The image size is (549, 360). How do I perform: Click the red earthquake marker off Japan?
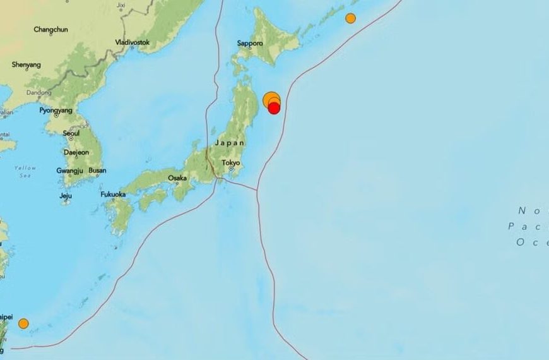tap(274, 108)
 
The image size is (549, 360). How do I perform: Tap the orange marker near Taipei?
tap(23, 323)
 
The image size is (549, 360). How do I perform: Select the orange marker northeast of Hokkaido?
tap(350, 18)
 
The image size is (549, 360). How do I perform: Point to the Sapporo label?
tap(250, 44)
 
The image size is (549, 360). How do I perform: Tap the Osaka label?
tap(177, 178)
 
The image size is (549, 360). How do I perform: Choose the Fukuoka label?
tap(114, 195)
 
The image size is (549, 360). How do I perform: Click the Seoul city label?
tap(71, 133)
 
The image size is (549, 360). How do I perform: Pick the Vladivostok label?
tap(133, 42)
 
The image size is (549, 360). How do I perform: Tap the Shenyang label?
tap(27, 64)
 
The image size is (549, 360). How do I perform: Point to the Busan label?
tap(97, 171)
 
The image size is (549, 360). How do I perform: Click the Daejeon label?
tap(76, 152)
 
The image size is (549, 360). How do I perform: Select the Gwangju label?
tap(70, 171)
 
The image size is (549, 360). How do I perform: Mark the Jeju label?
tap(65, 196)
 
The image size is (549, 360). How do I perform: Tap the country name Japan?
tap(230, 143)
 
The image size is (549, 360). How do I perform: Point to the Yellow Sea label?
tap(26, 171)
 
